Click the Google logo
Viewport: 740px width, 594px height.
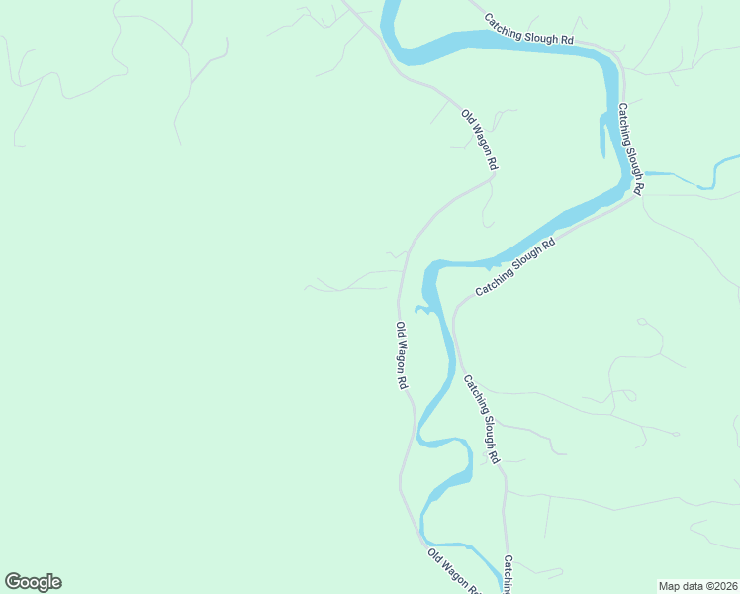pyautogui.click(x=34, y=582)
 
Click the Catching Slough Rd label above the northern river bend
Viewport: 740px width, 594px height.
pyautogui.click(x=528, y=28)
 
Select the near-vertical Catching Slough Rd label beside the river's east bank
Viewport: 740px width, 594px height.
pyautogui.click(x=631, y=148)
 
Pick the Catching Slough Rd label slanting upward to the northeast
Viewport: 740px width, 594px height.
pyautogui.click(x=515, y=267)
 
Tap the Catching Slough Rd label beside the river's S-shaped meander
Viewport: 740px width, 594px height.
pyautogui.click(x=482, y=420)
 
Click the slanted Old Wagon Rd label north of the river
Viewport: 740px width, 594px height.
pyautogui.click(x=479, y=140)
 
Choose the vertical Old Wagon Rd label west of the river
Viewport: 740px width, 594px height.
pyautogui.click(x=402, y=355)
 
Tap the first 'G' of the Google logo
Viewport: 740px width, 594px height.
pyautogui.click(x=13, y=581)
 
